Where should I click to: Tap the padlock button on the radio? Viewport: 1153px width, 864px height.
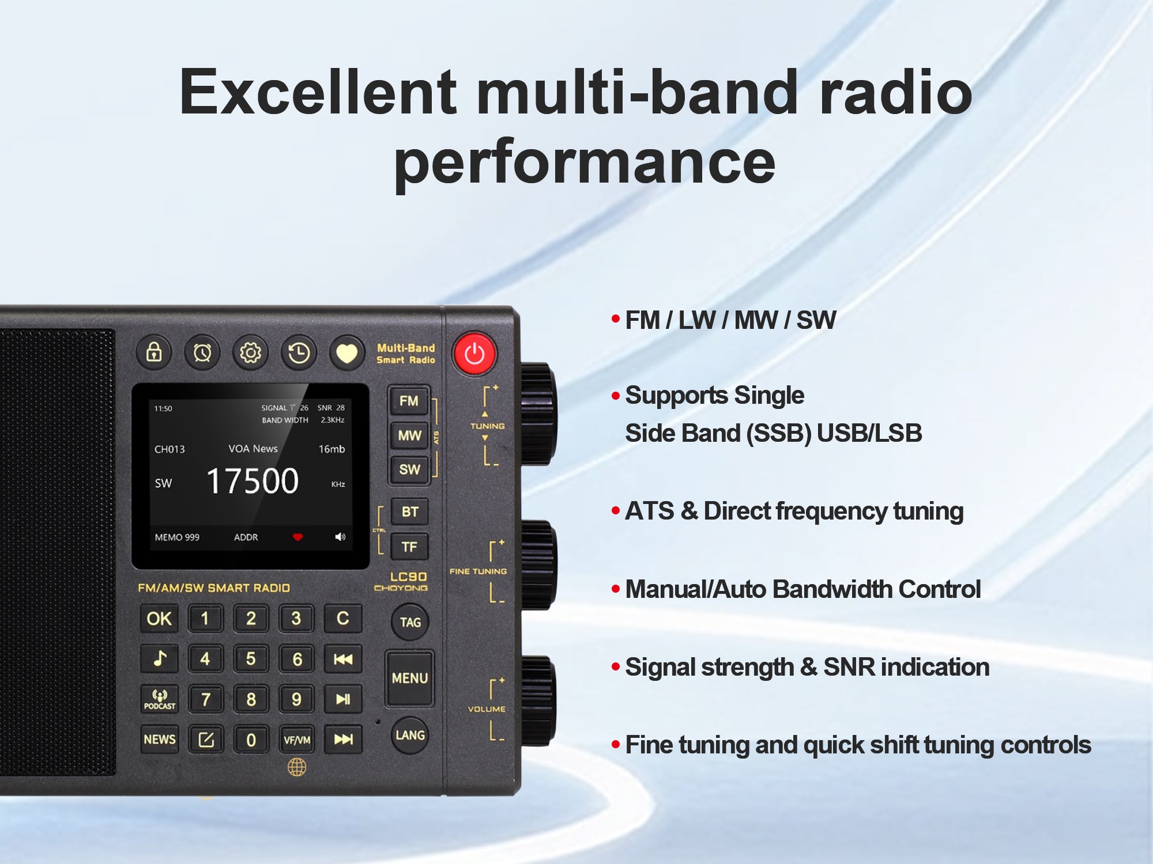[x=154, y=352]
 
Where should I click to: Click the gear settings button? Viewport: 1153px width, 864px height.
[x=251, y=353]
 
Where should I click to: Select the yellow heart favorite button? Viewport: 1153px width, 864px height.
[x=347, y=353]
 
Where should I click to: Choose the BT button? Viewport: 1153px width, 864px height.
[x=410, y=511]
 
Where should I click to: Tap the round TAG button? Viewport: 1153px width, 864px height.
[x=410, y=622]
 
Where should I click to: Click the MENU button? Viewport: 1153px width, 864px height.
[x=409, y=678]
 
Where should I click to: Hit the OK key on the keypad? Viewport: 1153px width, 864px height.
[x=159, y=619]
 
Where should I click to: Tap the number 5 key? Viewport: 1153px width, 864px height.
[x=251, y=659]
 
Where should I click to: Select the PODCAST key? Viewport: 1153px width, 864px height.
[x=160, y=699]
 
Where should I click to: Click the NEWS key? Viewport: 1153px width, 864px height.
[x=160, y=740]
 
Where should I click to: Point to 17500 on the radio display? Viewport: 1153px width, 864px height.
[x=253, y=481]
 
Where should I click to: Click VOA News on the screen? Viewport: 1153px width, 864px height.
[x=253, y=449]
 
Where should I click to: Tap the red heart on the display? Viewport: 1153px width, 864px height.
[x=297, y=537]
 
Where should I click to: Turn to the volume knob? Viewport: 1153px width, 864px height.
[x=538, y=700]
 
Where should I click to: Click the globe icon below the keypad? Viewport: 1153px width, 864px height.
[x=297, y=767]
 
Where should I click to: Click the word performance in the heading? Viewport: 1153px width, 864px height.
[x=585, y=162]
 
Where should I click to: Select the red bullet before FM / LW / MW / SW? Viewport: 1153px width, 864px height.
[x=616, y=319]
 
